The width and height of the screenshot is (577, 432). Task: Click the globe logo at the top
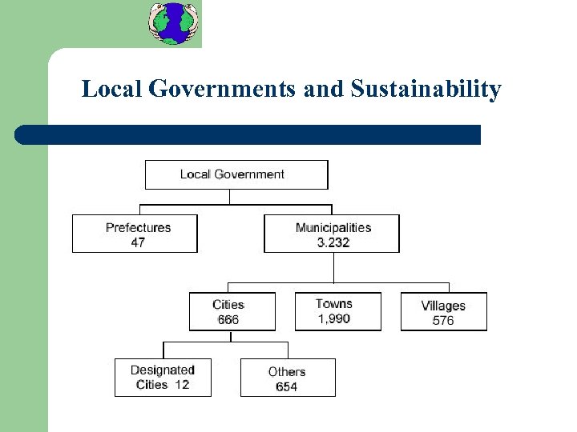point(174,22)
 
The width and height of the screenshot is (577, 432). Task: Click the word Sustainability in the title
point(426,89)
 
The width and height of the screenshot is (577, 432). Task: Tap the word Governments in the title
point(223,89)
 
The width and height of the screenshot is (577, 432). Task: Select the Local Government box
point(236,174)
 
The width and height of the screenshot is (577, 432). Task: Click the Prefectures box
point(135,234)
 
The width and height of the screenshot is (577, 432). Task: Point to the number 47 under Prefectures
point(138,242)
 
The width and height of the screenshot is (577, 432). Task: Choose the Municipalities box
point(331,234)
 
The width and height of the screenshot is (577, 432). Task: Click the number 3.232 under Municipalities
point(333,242)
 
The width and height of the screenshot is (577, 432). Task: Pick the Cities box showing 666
point(232,311)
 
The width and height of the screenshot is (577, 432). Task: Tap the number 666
point(228,320)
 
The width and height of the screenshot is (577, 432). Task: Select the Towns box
point(337,310)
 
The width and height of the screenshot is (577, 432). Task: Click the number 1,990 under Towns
point(333,318)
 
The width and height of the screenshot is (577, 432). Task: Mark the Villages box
point(443,311)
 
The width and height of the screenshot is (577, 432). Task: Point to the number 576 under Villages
point(443,320)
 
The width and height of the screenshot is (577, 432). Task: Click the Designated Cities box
point(163,377)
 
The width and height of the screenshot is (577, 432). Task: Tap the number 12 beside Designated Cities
point(181,385)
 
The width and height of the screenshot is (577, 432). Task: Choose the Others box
point(288,378)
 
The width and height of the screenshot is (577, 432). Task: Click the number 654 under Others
point(286,387)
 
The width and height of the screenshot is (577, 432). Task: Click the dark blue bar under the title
point(248,134)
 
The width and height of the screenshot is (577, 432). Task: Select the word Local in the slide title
point(112,89)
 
